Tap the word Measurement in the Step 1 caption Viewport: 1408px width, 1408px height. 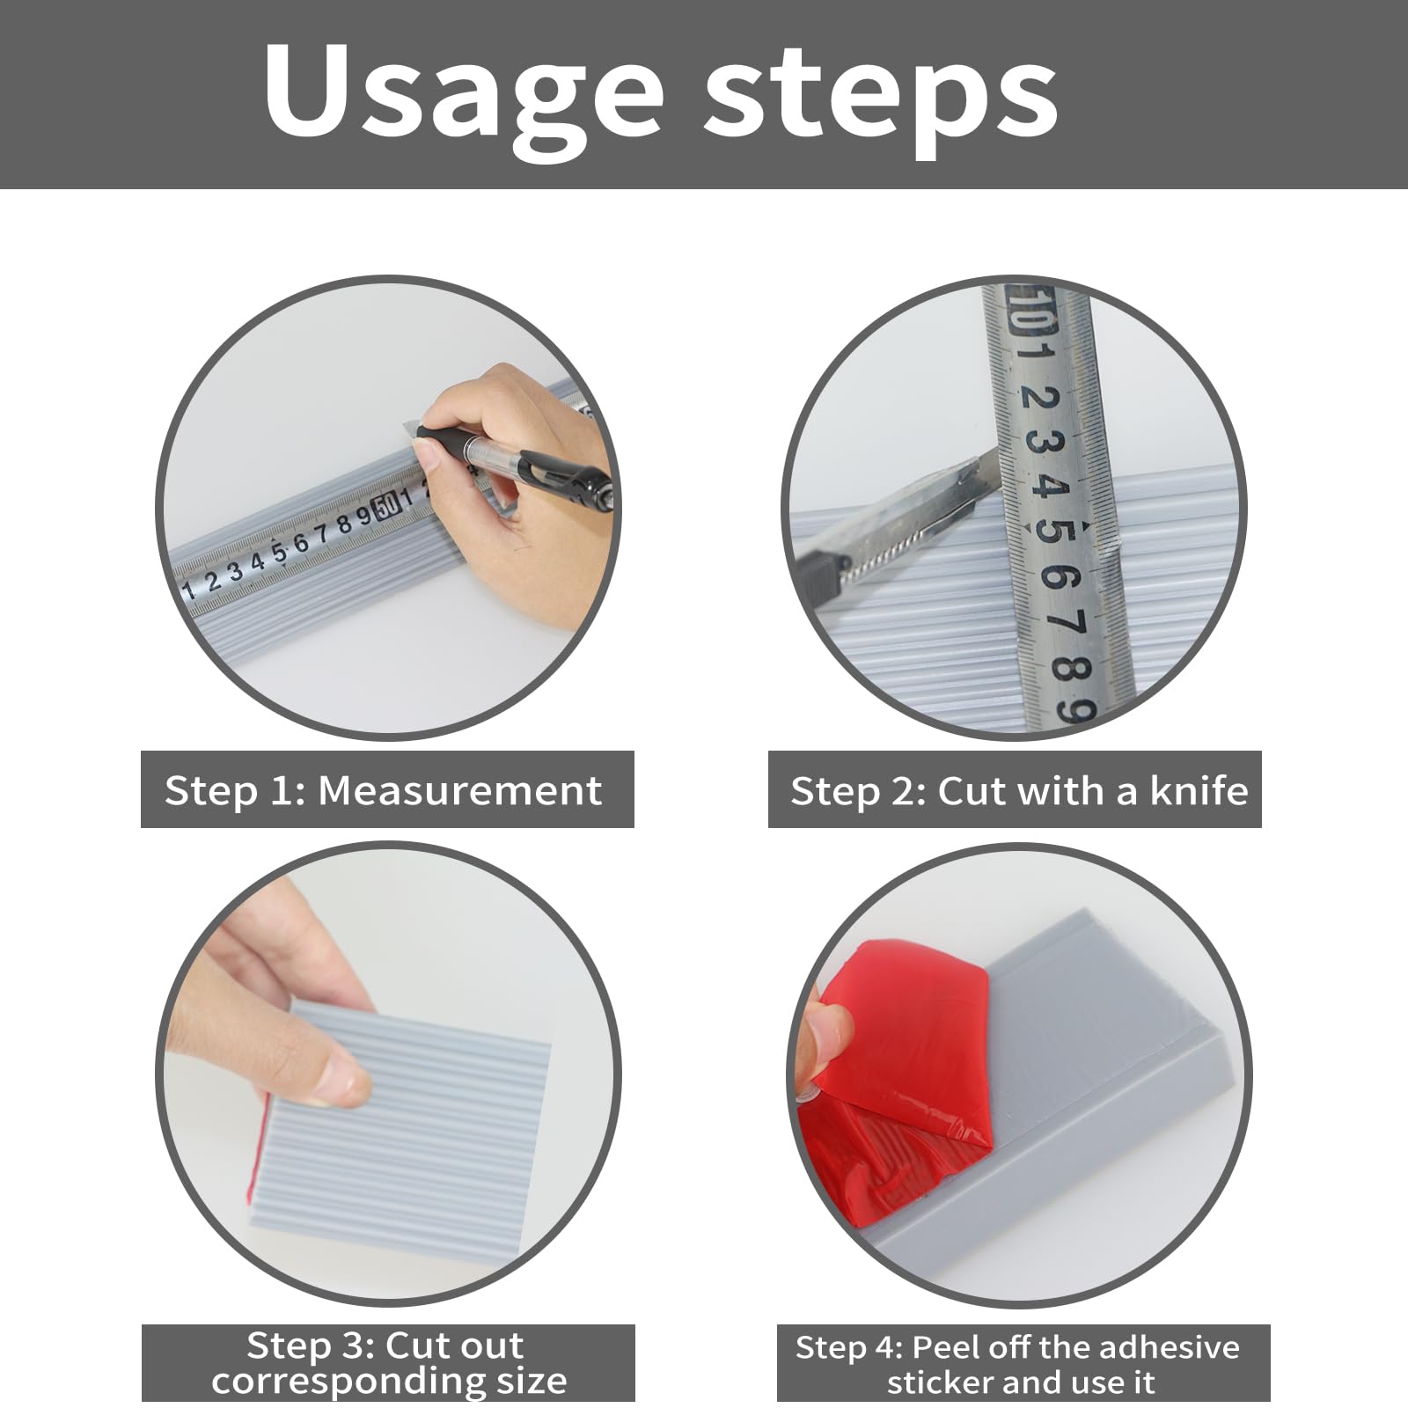pyautogui.click(x=459, y=790)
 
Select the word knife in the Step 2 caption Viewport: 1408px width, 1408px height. pyautogui.click(x=1199, y=790)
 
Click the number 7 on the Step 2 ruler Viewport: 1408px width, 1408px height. pyautogui.click(x=1064, y=624)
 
